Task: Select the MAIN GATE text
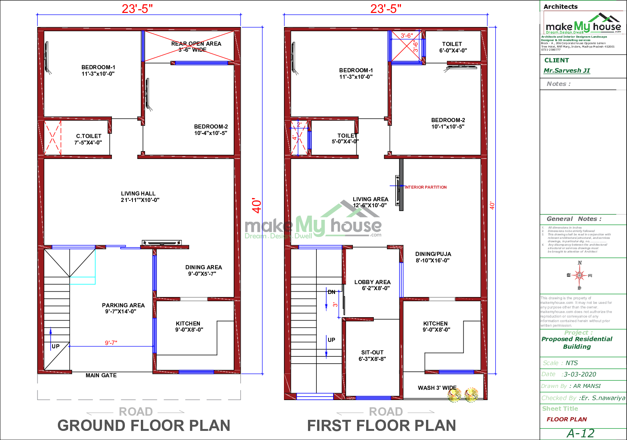(101, 375)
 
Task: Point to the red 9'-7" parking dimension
(111, 343)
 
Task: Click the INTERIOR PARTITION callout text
(426, 187)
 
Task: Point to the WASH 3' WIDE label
(437, 388)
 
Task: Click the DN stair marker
(332, 292)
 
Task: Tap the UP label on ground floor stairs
(56, 346)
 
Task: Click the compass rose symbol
(580, 275)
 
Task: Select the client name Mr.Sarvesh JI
(566, 70)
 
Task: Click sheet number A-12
(580, 433)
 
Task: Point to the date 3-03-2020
(580, 374)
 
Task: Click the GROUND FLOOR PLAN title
(144, 426)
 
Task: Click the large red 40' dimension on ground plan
(257, 206)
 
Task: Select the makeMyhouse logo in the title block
(583, 25)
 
